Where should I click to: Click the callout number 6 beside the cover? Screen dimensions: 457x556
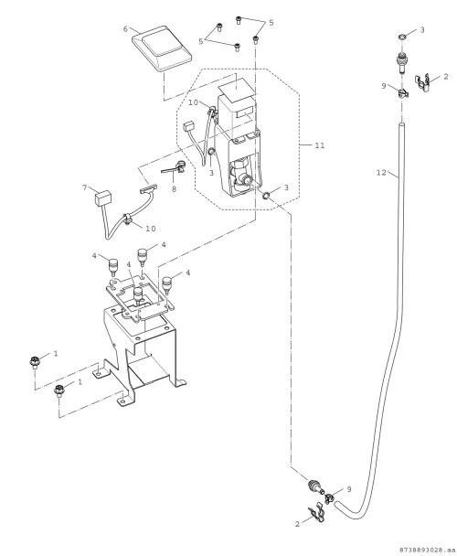coord(125,29)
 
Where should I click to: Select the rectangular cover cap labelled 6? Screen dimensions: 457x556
coord(161,48)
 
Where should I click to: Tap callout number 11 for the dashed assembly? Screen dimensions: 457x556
coord(319,145)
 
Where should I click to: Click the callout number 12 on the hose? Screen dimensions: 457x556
coord(381,173)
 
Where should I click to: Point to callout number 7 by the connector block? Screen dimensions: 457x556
coord(84,187)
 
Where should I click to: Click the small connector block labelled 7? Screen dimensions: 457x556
coord(103,198)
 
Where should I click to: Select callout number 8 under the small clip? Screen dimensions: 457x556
coord(174,189)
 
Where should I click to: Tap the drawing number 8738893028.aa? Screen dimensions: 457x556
coord(427,550)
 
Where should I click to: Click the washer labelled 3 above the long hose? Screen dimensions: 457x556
coord(401,37)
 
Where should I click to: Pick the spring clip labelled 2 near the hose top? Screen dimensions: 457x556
coord(424,82)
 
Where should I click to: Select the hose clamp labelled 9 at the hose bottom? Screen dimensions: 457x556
coord(329,498)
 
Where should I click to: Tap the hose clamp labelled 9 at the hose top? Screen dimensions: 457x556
coord(402,94)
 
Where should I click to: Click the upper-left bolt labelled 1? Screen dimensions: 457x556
coord(35,362)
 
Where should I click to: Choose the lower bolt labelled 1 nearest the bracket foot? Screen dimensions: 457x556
coord(58,390)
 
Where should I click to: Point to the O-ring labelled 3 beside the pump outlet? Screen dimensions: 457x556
coord(266,194)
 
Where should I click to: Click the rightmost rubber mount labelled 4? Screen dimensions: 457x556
coord(166,284)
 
